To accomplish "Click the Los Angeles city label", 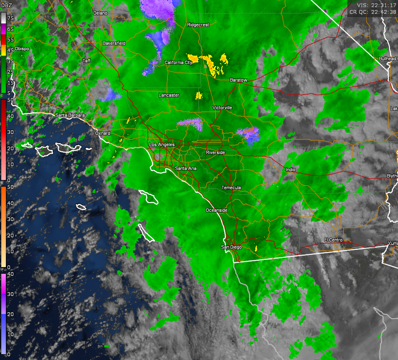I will [162, 145].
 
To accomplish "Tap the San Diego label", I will [231, 247].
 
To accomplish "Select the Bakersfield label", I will [114, 43].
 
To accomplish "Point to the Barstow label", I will [239, 80].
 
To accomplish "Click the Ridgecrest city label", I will [198, 25].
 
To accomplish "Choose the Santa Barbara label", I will [70, 115].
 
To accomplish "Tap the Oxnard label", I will [103, 134].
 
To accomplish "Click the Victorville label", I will [222, 108].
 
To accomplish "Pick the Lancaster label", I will [169, 95].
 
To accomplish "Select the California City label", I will [178, 62].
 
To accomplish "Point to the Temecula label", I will [231, 188].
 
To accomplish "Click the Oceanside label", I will [216, 210].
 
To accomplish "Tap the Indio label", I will [290, 170].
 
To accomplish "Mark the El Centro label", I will [334, 240].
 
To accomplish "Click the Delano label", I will [100, 13].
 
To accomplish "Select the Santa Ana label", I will [186, 168].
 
